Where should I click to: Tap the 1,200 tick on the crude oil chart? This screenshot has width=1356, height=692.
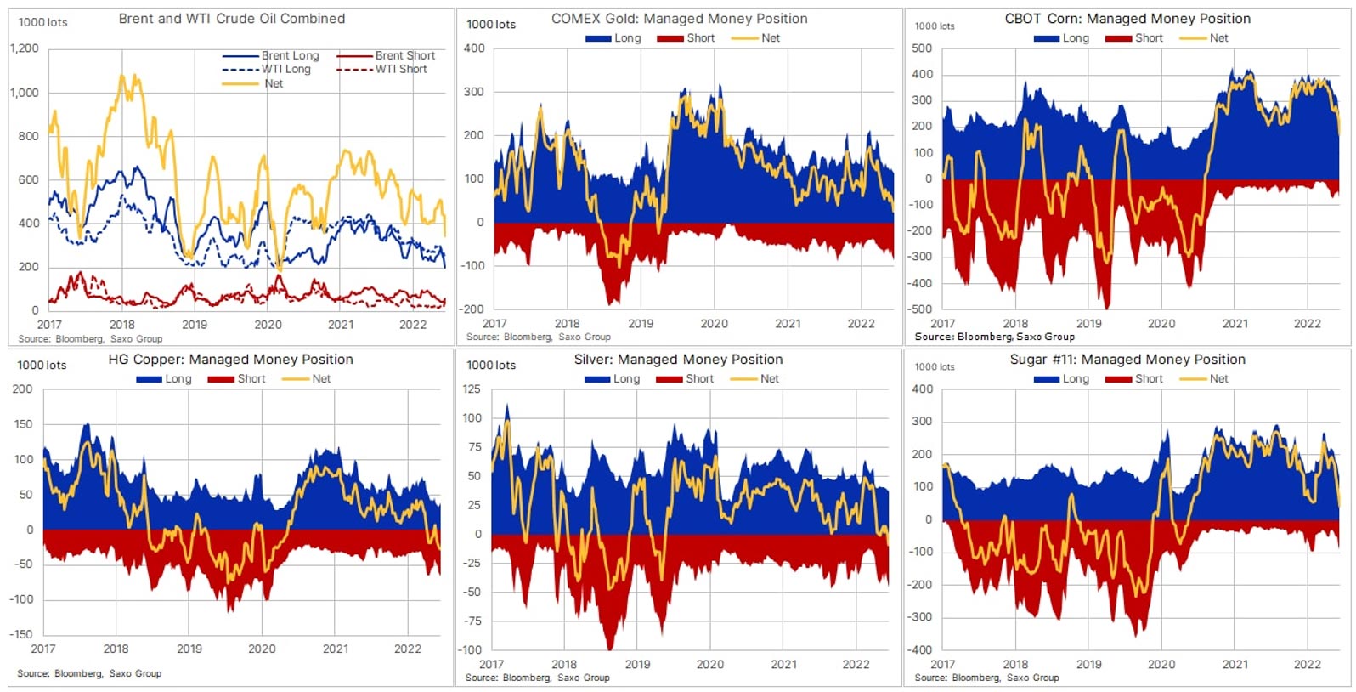click(x=25, y=48)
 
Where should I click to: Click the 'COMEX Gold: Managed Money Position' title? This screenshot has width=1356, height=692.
click(x=679, y=18)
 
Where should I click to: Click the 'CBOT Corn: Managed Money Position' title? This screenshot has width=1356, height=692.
click(x=1127, y=18)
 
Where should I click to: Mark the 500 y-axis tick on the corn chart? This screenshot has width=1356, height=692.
click(x=922, y=48)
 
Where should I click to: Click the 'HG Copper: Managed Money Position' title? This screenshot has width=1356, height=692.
click(x=230, y=359)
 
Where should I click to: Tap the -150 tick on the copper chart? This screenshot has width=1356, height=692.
click(x=21, y=634)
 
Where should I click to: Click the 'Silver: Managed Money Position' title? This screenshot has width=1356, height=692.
click(x=678, y=359)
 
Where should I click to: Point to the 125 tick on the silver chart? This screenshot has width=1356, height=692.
click(x=472, y=389)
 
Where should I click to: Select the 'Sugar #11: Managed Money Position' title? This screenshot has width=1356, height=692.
click(x=1127, y=359)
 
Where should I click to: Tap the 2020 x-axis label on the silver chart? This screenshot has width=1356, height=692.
click(x=710, y=665)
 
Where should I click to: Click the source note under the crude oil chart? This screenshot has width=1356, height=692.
click(x=89, y=338)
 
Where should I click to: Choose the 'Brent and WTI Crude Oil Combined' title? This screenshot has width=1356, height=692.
click(x=231, y=18)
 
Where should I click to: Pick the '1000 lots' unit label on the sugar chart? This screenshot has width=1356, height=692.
click(x=934, y=366)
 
